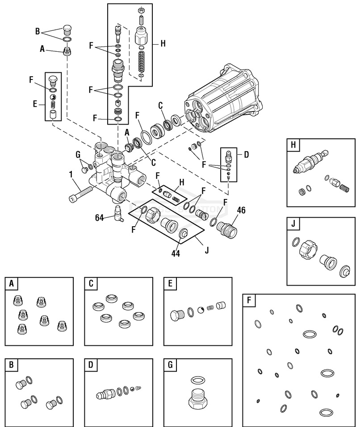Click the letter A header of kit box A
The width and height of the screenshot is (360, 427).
point(11,283)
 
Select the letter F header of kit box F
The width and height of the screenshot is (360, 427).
point(248,300)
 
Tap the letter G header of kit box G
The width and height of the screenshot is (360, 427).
point(170,364)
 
